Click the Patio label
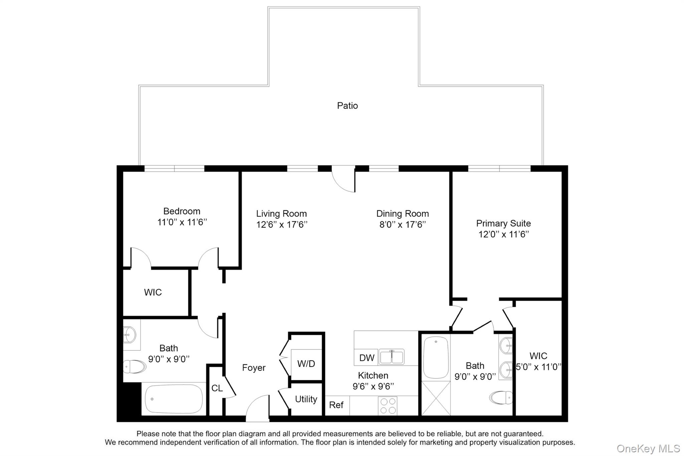click(347, 106)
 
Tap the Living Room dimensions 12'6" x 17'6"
click(282, 224)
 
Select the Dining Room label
click(402, 213)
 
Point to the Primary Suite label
click(503, 223)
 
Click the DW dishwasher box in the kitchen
click(367, 358)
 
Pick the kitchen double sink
click(392, 356)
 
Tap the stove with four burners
click(388, 406)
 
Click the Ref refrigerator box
click(336, 405)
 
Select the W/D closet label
click(306, 364)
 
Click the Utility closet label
click(306, 399)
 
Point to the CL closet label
click(217, 388)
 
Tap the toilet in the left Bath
click(134, 366)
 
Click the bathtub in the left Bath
click(174, 399)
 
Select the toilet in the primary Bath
click(501, 398)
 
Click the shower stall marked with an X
click(436, 398)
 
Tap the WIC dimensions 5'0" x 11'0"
click(538, 367)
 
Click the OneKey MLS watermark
click(648, 448)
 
